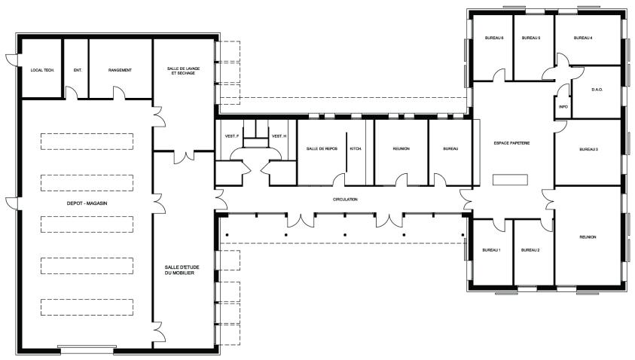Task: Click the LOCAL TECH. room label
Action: (42, 71)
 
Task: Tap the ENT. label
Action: (78, 71)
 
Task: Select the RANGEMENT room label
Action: (120, 71)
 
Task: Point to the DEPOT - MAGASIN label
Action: (87, 203)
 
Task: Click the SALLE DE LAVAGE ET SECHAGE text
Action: (184, 71)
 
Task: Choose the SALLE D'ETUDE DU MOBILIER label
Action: (182, 270)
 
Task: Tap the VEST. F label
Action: (232, 136)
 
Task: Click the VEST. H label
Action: (279, 136)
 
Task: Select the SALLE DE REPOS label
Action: (322, 149)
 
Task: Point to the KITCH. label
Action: (356, 149)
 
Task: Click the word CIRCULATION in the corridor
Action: (346, 200)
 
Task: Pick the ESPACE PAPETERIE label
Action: (512, 143)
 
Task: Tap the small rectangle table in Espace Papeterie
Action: (510, 180)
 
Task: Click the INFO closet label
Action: (563, 107)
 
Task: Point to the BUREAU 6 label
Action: (494, 38)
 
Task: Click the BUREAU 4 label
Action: (583, 38)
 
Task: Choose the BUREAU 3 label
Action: (589, 149)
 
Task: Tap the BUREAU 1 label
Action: (491, 250)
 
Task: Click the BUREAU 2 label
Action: (530, 250)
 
